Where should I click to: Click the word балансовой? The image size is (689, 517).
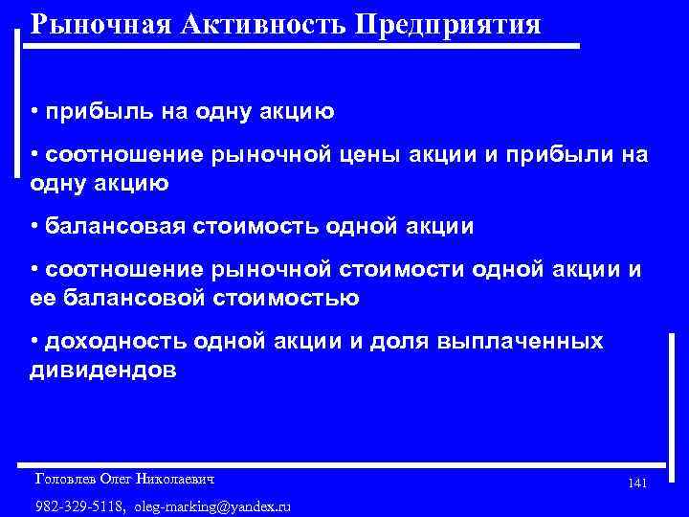[141, 298]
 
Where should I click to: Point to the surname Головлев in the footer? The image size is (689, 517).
[64, 477]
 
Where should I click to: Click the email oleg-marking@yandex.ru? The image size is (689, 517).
[212, 506]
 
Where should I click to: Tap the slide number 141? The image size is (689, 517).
[637, 484]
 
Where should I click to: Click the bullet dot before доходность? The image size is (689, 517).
[34, 342]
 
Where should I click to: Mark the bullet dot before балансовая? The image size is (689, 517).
[34, 226]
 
